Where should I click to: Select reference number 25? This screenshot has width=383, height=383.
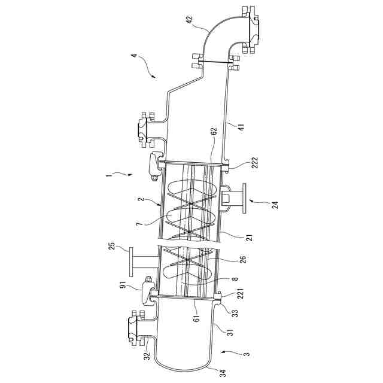tap(111, 246)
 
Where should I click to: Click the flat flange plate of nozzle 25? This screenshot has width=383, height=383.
tap(127, 262)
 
